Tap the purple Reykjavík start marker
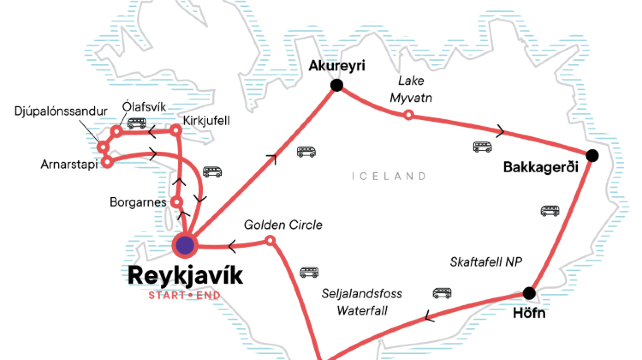coord(185,244)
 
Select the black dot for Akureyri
coord(336,85)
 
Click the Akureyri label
coord(336,65)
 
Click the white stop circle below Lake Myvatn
coord(407,115)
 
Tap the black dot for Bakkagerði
coord(592,155)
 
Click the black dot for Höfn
coord(529,293)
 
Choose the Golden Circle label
coord(283,225)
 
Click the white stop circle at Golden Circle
coord(270,241)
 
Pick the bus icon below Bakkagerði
coord(550,211)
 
